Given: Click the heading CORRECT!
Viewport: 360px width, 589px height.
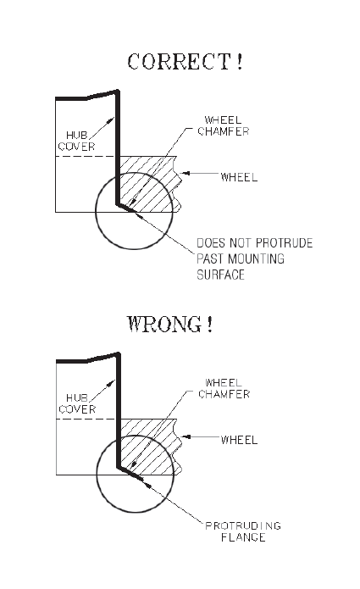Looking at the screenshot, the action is tap(185, 62).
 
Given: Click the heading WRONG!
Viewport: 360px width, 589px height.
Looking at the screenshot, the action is tap(169, 325).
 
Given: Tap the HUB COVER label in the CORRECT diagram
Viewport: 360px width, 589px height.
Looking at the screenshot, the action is tap(76, 141).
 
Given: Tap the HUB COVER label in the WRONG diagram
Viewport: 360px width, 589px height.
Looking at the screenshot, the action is tap(77, 403).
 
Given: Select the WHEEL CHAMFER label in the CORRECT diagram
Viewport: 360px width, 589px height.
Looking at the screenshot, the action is tap(224, 125).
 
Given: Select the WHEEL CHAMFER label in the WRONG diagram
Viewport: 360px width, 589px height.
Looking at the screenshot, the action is tap(224, 388).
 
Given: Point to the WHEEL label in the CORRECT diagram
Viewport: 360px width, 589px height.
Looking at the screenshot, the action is tap(239, 177).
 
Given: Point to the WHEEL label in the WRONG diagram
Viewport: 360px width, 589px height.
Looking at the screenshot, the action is tap(239, 440).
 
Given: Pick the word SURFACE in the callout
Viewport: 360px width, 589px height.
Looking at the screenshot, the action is tap(221, 275).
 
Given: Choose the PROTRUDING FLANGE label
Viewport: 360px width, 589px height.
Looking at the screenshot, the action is tap(243, 531).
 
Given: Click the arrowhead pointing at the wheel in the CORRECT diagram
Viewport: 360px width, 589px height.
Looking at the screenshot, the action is tap(185, 173).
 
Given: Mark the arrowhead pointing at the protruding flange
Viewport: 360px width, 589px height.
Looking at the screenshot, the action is tap(147, 484).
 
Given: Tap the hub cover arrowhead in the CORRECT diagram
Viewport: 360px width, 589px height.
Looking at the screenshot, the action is tap(111, 120).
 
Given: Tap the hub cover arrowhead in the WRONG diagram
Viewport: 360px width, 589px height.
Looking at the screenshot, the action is tap(111, 383).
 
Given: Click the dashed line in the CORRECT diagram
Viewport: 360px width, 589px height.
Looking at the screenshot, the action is tap(86, 156).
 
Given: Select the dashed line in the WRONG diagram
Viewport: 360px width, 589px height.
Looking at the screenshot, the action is tap(86, 420).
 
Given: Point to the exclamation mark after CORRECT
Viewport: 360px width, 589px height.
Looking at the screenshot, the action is tap(240, 62).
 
